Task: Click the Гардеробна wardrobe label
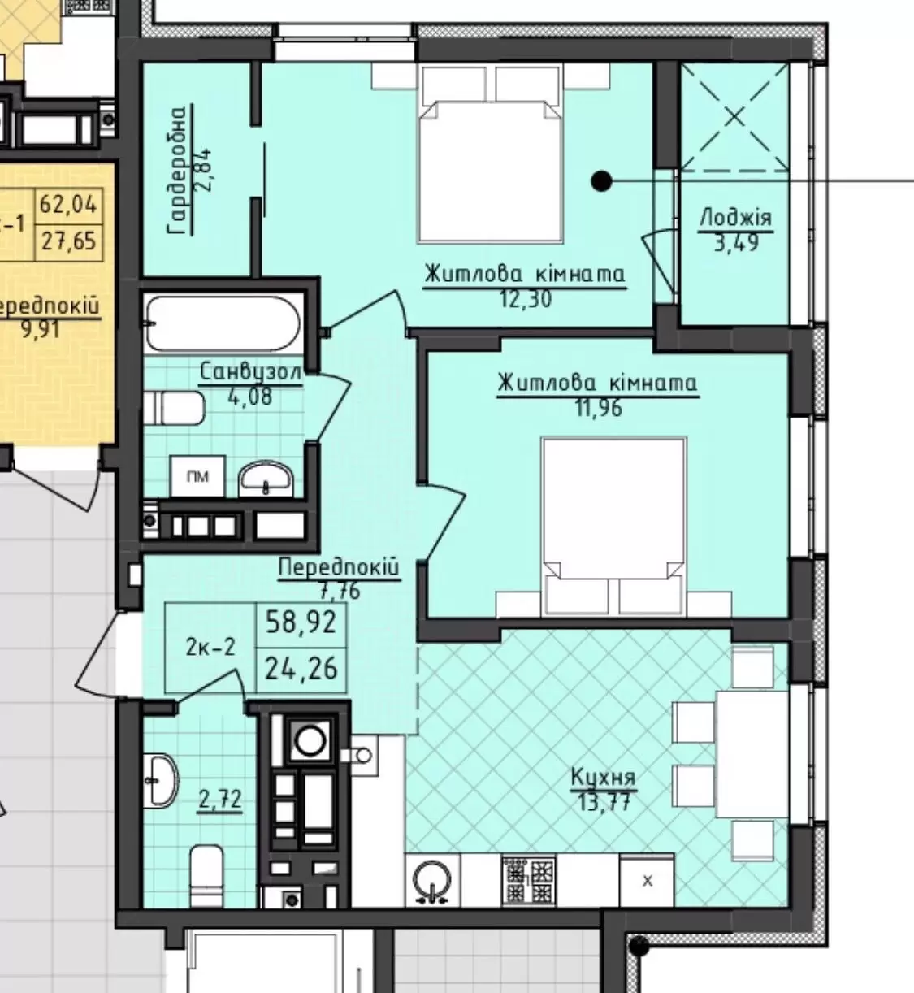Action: pyautogui.click(x=178, y=170)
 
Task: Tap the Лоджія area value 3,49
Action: pyautogui.click(x=736, y=243)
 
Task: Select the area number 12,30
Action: pyautogui.click(x=526, y=299)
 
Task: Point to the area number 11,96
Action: pyautogui.click(x=598, y=409)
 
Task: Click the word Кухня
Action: pyautogui.click(x=603, y=777)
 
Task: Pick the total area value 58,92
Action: pyautogui.click(x=301, y=622)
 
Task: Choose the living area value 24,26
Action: pyautogui.click(x=301, y=669)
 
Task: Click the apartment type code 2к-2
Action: pyautogui.click(x=210, y=647)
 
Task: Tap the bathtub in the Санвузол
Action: pyautogui.click(x=223, y=323)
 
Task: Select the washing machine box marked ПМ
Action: pyautogui.click(x=197, y=476)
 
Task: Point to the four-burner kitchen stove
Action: pyautogui.click(x=529, y=879)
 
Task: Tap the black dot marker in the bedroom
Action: pyautogui.click(x=601, y=181)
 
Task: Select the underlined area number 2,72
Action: pyautogui.click(x=220, y=798)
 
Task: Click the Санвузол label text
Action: pyautogui.click(x=250, y=371)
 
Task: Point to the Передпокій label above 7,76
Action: pyautogui.click(x=339, y=567)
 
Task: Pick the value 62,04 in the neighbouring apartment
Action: pyautogui.click(x=68, y=204)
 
